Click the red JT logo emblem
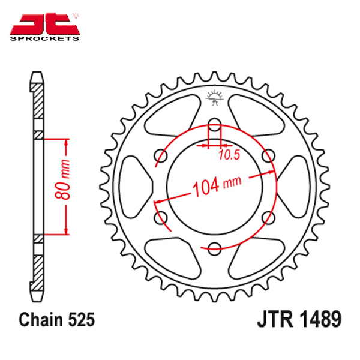pyautogui.click(x=44, y=24)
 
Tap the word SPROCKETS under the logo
pyautogui.click(x=44, y=38)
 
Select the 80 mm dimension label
pyautogui.click(x=62, y=179)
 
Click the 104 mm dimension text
pyautogui.click(x=217, y=187)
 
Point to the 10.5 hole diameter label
pyautogui.click(x=229, y=155)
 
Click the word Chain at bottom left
pyautogui.click(x=41, y=319)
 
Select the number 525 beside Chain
pyautogui.click(x=81, y=319)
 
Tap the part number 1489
pyautogui.click(x=320, y=319)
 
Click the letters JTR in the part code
pyautogui.click(x=275, y=319)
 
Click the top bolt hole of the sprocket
pyautogui.click(x=214, y=125)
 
